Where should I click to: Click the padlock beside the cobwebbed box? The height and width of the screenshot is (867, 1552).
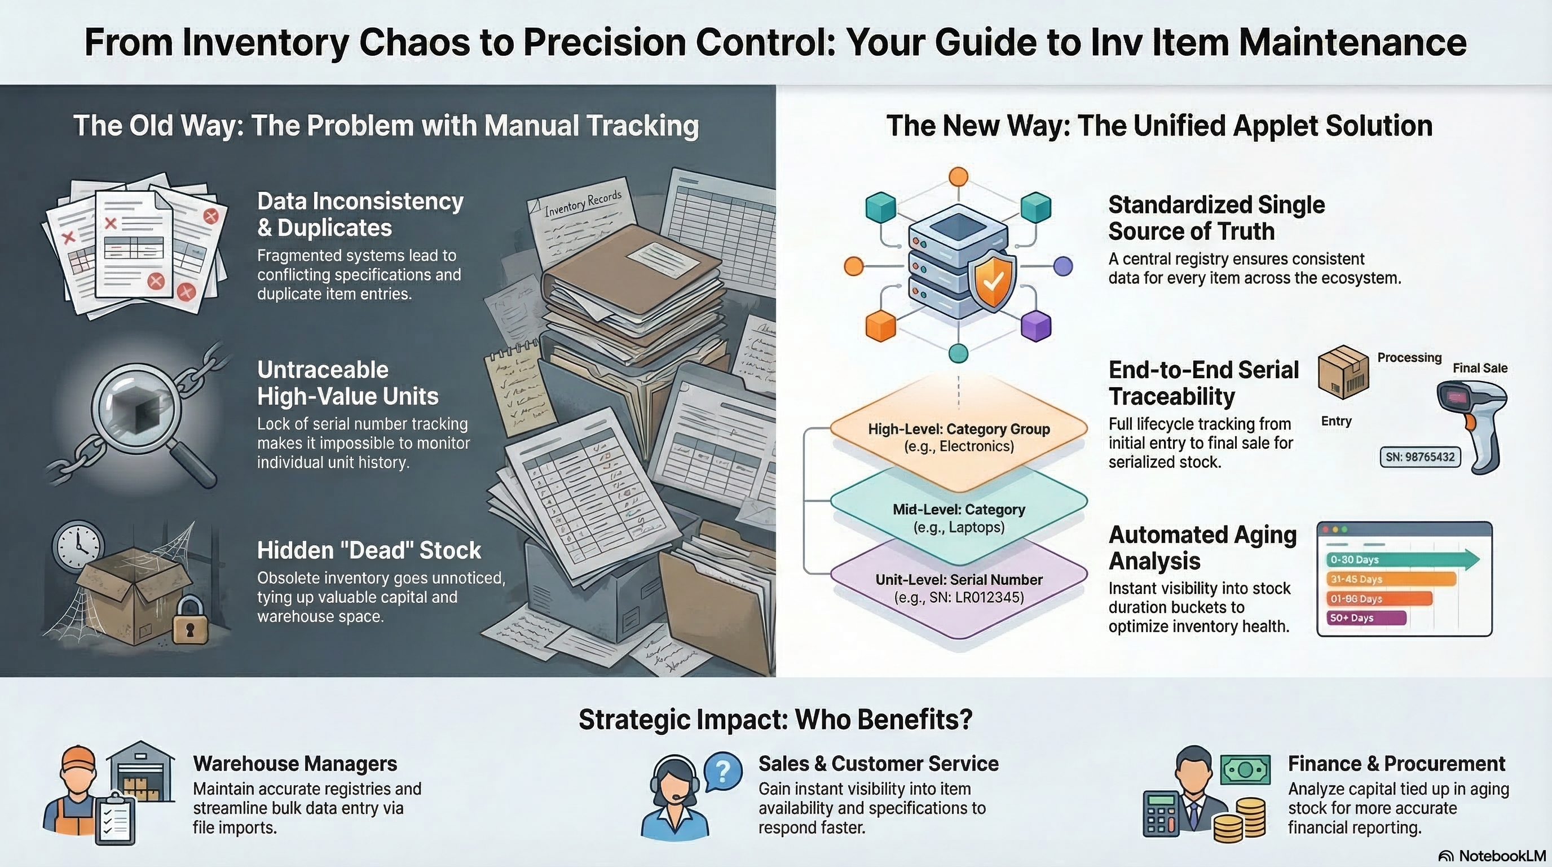190,621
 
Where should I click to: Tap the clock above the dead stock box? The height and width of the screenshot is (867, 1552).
78,546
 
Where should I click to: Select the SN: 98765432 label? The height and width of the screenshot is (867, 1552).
1419,457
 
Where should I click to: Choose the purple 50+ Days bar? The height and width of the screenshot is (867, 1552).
1366,618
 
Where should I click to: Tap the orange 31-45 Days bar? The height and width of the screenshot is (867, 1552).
1391,579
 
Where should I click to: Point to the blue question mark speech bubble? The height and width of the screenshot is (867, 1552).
723,770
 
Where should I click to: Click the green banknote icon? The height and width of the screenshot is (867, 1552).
1245,769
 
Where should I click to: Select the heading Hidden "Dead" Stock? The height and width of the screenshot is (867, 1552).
369,550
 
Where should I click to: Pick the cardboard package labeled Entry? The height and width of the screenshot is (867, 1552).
1343,372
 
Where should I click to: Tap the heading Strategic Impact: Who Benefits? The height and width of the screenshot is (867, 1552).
775,719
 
